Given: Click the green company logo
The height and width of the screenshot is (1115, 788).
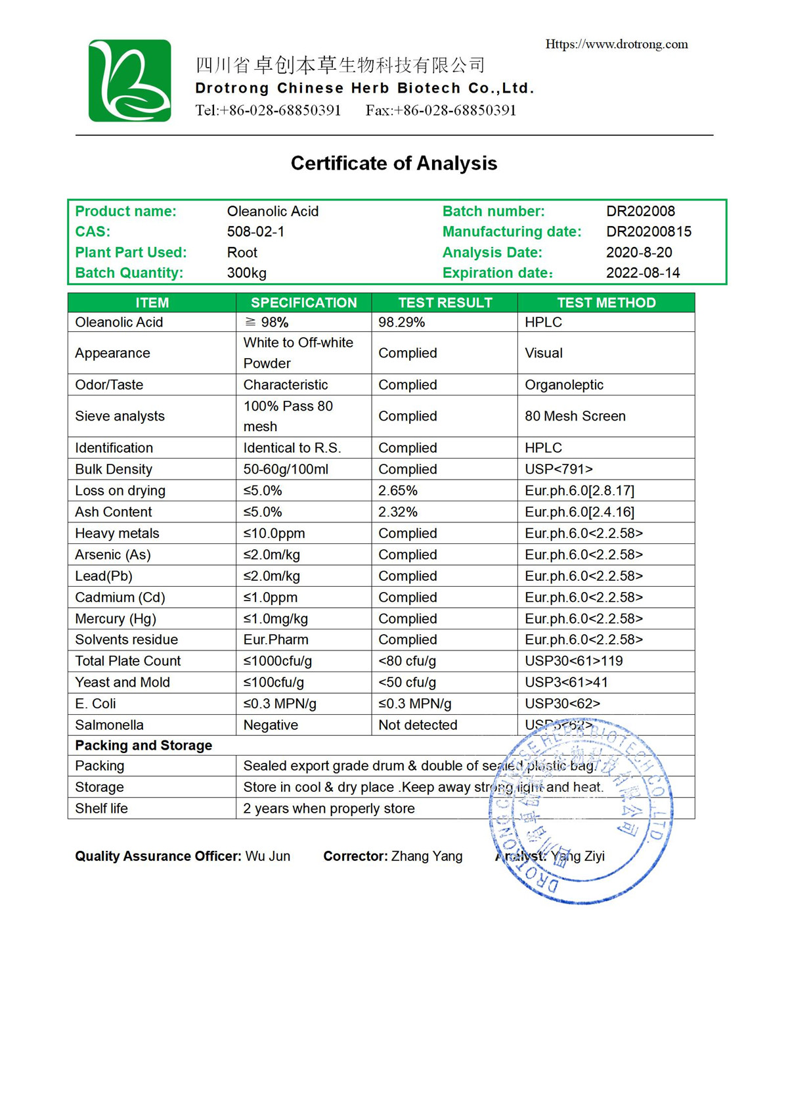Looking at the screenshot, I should (130, 81).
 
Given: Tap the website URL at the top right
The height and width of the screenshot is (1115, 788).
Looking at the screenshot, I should (617, 44).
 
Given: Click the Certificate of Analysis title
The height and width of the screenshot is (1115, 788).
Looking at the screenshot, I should (394, 163).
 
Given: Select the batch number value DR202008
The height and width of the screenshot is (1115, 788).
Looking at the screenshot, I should (640, 211).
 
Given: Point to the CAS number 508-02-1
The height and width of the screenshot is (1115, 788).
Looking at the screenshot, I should (255, 231).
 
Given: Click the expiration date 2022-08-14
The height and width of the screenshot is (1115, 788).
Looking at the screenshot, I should (643, 273).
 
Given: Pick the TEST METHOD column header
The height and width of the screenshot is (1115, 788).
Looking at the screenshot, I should (606, 302).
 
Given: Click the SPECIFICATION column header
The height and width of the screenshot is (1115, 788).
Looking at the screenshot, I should (303, 302).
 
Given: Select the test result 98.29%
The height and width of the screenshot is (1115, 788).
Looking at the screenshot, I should (401, 322).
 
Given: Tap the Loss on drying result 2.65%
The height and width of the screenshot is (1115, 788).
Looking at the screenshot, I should (398, 490).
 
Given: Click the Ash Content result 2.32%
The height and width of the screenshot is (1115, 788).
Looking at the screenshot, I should (398, 512).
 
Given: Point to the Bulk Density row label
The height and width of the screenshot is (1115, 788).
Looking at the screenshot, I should (114, 469).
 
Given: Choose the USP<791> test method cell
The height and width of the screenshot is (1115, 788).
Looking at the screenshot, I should (559, 469).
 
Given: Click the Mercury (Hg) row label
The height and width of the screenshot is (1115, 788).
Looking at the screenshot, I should (116, 618).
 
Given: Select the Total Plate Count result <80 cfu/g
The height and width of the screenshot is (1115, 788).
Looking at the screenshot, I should (407, 661).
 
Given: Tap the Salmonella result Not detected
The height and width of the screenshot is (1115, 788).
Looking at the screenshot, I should (418, 725).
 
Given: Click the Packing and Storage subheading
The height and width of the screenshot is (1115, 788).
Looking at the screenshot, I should (144, 745).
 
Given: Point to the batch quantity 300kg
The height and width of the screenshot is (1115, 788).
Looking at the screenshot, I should (247, 273).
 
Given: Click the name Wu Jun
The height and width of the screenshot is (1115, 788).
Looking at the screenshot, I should (268, 856).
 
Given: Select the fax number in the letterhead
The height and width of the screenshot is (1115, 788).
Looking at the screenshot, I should (441, 110).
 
